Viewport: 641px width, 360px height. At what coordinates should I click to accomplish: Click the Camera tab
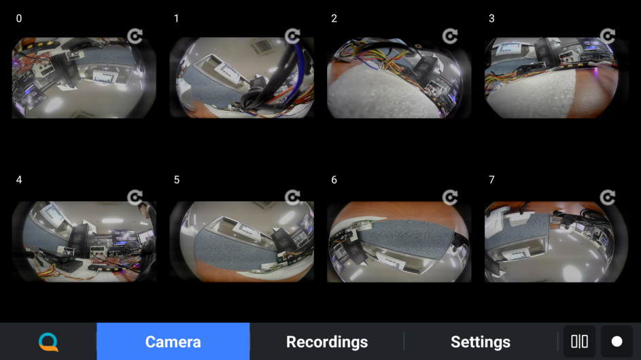click(x=173, y=342)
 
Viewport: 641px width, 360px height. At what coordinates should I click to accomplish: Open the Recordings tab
click(x=327, y=342)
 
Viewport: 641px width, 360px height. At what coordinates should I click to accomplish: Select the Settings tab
click(x=481, y=342)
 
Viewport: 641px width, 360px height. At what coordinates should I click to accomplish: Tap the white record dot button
click(x=617, y=342)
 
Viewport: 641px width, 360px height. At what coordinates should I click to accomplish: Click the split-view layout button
click(x=579, y=342)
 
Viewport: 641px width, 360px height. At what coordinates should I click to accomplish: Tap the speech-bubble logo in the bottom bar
click(x=49, y=342)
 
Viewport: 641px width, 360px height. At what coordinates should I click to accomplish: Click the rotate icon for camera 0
click(x=135, y=36)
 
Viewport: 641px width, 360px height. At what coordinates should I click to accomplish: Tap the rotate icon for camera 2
click(x=450, y=36)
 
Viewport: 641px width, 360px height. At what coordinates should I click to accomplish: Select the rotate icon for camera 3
click(x=608, y=36)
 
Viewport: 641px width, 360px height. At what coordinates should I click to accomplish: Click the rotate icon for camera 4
click(x=135, y=198)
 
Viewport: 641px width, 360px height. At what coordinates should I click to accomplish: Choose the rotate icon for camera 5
click(x=292, y=198)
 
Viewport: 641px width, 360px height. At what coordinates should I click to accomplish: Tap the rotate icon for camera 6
click(x=450, y=198)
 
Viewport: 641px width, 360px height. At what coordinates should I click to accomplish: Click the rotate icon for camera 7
click(x=608, y=198)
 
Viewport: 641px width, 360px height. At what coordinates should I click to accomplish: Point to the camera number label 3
click(x=491, y=18)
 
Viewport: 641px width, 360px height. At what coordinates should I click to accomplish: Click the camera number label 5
click(x=177, y=180)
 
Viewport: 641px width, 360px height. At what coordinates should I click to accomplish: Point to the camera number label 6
click(x=334, y=180)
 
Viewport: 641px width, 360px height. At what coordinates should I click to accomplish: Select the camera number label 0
click(x=19, y=18)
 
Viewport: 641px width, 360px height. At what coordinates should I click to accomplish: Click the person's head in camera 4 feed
click(x=143, y=210)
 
